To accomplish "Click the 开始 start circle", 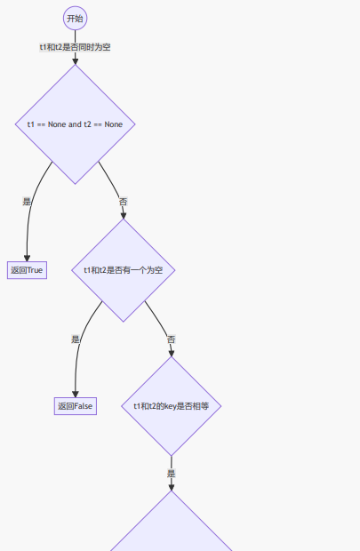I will pos(75,18).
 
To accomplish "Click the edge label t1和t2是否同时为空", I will pos(75,46).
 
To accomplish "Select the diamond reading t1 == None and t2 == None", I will pos(75,124).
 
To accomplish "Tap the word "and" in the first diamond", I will pos(75,124).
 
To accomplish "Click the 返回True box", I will pos(27,270).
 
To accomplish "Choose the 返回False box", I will pos(75,406).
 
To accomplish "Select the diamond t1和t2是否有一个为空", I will pos(124,270).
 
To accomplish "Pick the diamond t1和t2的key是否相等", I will pos(172,406).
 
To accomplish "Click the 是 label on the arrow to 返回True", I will pos(27,202).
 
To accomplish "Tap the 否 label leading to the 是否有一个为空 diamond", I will pos(124,202).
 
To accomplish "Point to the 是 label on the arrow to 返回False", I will pos(75,339).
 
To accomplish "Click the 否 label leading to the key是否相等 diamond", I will pos(172,339).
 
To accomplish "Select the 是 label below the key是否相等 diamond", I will pos(172,474).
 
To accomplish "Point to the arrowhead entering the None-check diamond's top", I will pos(75,60).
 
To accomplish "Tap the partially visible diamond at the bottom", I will pos(172,529).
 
